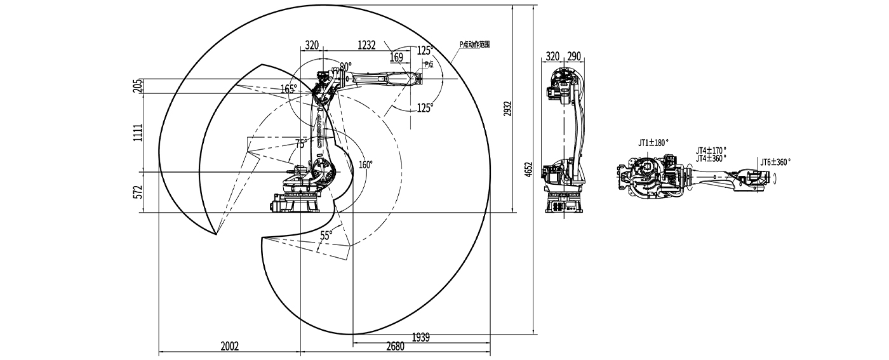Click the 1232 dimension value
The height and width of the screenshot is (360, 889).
[x=367, y=45]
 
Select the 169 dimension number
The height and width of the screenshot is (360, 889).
[x=396, y=58]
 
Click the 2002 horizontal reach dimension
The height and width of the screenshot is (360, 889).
[x=229, y=346]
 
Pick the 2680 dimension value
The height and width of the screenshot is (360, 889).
[x=394, y=346]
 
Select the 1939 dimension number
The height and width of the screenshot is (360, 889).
[x=420, y=337]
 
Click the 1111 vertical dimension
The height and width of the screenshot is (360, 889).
[x=138, y=132]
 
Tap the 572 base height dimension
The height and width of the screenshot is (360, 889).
[x=138, y=192]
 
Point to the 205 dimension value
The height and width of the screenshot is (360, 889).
[x=138, y=86]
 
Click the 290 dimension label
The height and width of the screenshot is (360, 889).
[x=574, y=57]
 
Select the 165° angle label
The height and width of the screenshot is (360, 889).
[x=288, y=90]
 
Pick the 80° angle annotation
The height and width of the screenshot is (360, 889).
[x=345, y=66]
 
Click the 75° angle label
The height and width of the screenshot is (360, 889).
[x=301, y=143]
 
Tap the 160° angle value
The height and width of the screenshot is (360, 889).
[x=366, y=164]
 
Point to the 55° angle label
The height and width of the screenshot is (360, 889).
[x=326, y=235]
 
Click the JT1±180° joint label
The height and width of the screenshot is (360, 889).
[x=653, y=143]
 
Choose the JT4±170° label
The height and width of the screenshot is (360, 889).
[x=711, y=150]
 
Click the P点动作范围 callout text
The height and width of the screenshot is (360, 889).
[x=475, y=44]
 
